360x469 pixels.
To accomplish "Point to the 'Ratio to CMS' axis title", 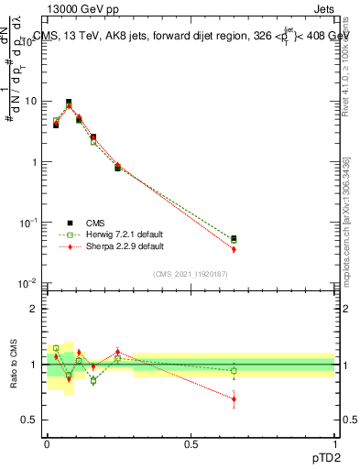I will click(x=14, y=365).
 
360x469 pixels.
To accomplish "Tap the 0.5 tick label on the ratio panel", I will click(x=30, y=420).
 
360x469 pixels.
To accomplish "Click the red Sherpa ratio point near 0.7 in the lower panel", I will click(x=234, y=398).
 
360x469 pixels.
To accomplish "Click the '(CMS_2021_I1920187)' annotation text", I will click(x=190, y=273).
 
